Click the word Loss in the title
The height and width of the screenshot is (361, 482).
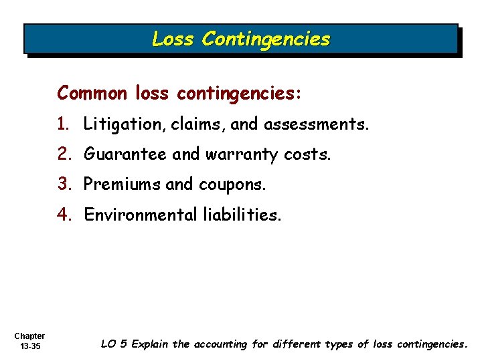pyautogui.click(x=173, y=39)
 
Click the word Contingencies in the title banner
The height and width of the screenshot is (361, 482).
pyautogui.click(x=266, y=39)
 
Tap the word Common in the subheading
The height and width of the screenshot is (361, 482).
pyautogui.click(x=92, y=93)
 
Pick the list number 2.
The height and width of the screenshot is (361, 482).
pyautogui.click(x=64, y=154)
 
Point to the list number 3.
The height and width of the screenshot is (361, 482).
pyautogui.click(x=64, y=184)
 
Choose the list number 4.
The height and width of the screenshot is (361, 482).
pyautogui.click(x=64, y=215)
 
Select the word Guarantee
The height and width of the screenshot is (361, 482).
pyautogui.click(x=125, y=154)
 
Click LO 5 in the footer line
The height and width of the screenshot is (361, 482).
pyautogui.click(x=114, y=344)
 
